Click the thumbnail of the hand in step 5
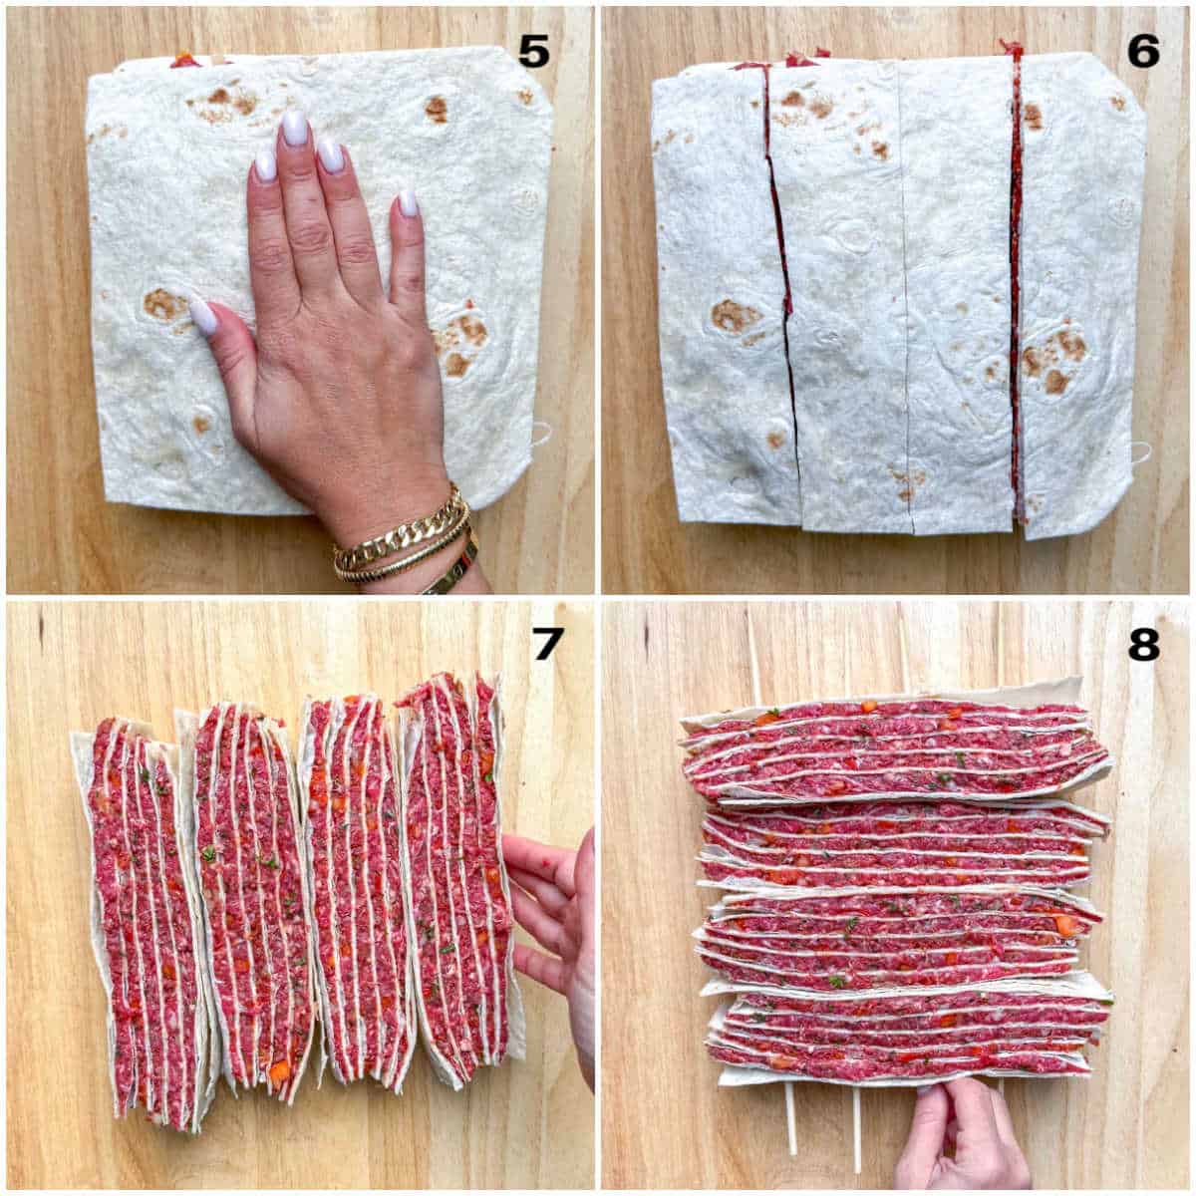click(x=203, y=316)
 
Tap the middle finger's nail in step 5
click(x=294, y=130)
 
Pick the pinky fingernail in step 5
click(x=408, y=204)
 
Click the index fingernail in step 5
click(x=265, y=165)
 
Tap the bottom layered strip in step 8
click(x=907, y=1037)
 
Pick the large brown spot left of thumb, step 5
click(x=164, y=304)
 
